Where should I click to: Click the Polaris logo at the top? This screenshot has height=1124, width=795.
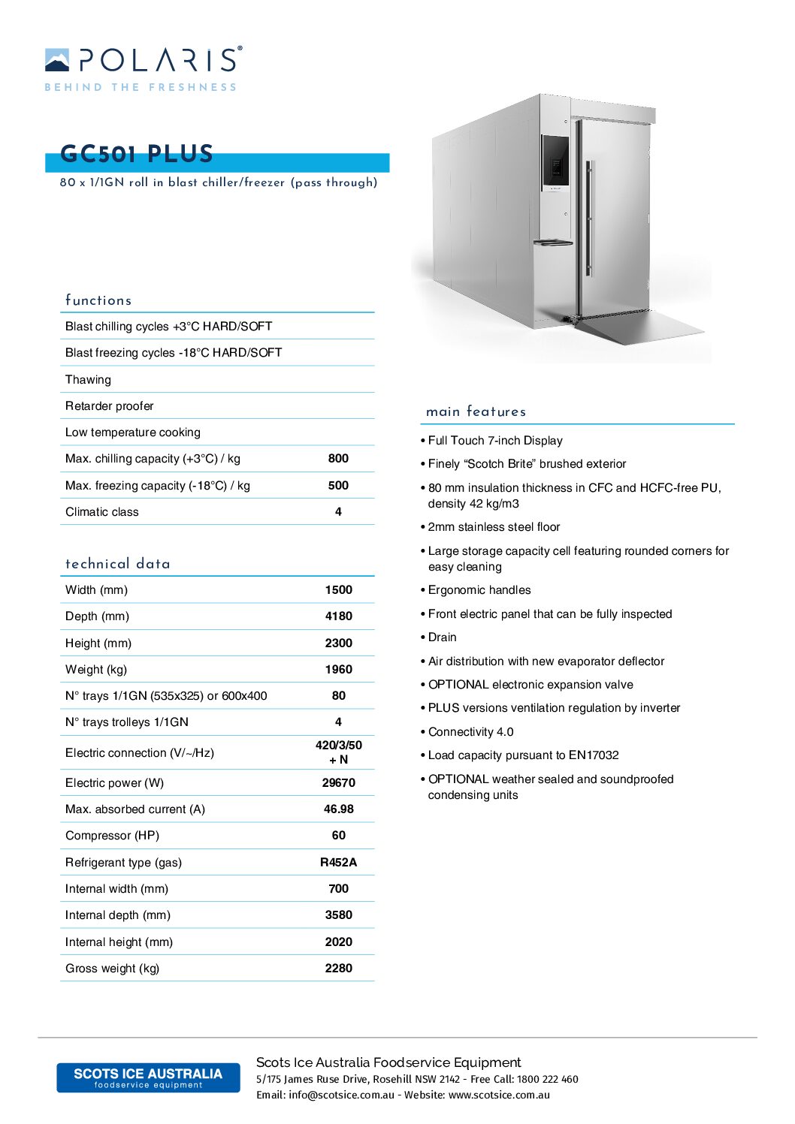[x=143, y=68]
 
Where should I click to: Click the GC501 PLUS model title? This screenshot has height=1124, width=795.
[x=137, y=154]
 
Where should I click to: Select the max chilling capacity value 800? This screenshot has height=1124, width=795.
[x=338, y=459]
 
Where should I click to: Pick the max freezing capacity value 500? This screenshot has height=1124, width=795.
[x=338, y=486]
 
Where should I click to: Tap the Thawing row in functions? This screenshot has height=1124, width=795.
[x=88, y=380]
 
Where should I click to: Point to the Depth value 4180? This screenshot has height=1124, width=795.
[x=338, y=616]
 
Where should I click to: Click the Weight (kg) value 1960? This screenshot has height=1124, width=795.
[x=338, y=670]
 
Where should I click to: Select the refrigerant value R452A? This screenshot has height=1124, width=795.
[x=338, y=863]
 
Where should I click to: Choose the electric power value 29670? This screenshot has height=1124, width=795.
[x=338, y=783]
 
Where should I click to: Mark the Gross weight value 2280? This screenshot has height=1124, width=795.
[x=338, y=969]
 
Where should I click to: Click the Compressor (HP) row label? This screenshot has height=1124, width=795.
[x=112, y=836]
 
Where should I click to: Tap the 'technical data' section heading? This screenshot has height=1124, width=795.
[x=117, y=564]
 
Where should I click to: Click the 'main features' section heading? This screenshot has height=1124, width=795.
[x=476, y=411]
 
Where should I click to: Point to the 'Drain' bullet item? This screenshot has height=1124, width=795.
[x=442, y=637]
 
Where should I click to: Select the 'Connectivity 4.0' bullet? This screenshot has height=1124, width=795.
[x=470, y=732]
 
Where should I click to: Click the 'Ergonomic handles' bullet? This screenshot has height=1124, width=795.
[x=479, y=590]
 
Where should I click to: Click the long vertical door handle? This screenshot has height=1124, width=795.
[x=590, y=218]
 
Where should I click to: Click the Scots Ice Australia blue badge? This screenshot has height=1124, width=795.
[x=148, y=1077]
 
